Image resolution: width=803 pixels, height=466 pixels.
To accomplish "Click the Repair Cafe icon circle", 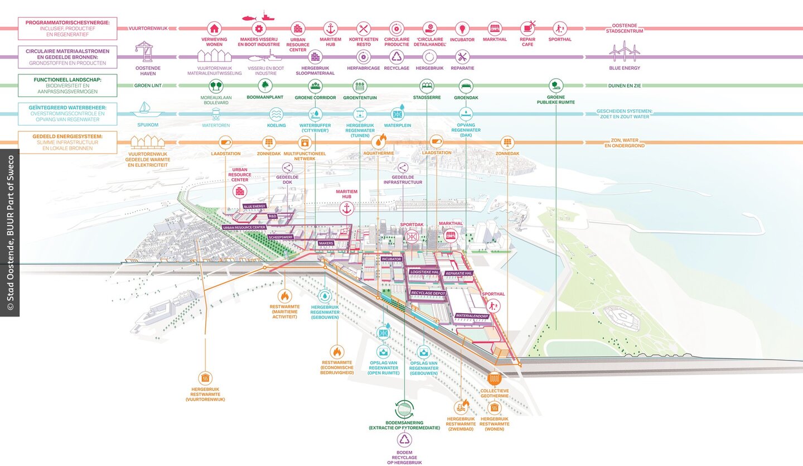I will tap(528, 28).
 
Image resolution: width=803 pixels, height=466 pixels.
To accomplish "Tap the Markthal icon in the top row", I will tap(495, 28).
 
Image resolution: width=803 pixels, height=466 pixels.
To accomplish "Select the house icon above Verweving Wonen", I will tap(214, 28).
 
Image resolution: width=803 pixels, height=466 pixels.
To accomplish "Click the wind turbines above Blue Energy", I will tap(624, 52).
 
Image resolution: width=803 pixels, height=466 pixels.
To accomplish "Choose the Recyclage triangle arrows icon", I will tap(396, 56).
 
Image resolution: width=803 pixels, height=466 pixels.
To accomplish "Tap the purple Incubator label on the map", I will tap(391, 259).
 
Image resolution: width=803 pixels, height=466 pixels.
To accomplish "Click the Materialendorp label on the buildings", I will tap(472, 316).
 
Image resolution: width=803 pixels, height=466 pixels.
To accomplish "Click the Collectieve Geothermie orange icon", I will tap(494, 378).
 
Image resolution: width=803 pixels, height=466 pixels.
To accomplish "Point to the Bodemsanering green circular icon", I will tap(404, 409).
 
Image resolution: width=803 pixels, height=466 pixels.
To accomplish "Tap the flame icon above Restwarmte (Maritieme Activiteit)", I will tap(283, 296).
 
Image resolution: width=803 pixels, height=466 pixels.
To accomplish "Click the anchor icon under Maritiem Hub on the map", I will tap(346, 209).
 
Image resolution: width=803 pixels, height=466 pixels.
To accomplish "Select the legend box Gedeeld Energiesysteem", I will tap(67, 142).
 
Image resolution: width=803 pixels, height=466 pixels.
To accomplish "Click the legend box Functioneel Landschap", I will tap(67, 85).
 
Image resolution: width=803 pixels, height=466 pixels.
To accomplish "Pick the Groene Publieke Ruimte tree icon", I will tap(555, 85).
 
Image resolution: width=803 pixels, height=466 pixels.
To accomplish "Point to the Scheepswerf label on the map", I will tap(281, 237).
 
